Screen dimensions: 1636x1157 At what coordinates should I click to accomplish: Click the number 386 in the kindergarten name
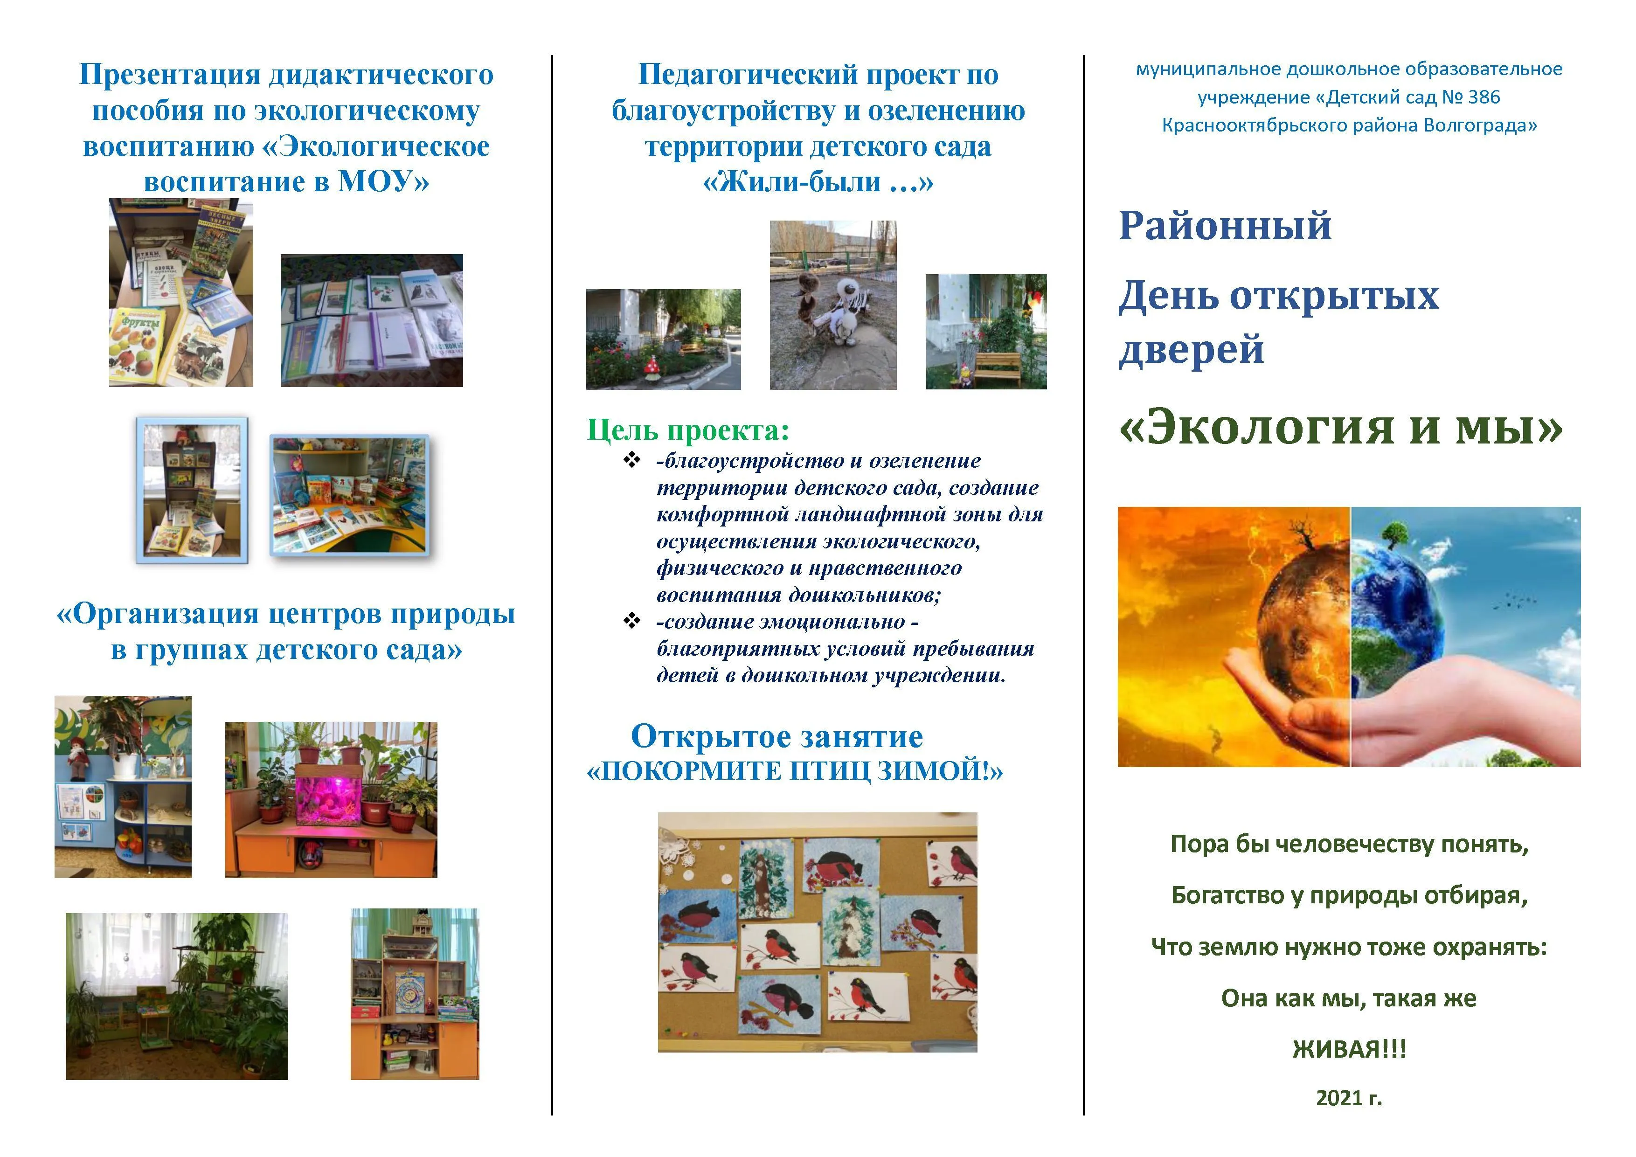tap(1483, 97)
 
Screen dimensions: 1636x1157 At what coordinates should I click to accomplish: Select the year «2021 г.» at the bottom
tap(1349, 1098)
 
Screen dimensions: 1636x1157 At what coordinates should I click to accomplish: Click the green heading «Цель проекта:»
tap(687, 430)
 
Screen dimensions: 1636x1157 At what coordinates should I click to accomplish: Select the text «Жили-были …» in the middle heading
tap(817, 182)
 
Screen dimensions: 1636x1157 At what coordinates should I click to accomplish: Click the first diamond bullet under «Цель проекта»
tap(631, 460)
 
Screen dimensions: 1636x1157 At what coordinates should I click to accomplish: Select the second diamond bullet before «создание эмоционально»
tap(631, 621)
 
